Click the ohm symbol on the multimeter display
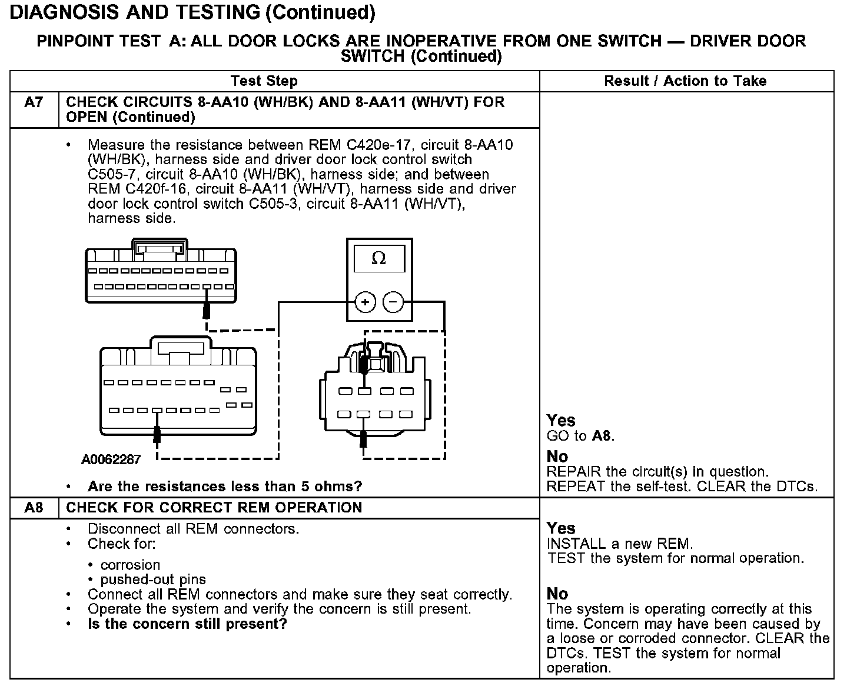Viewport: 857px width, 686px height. [x=379, y=259]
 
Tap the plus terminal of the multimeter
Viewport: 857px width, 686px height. [x=365, y=302]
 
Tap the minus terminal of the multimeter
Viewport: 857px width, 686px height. [x=394, y=302]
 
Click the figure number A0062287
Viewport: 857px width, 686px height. [x=111, y=459]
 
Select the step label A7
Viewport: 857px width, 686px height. [x=34, y=102]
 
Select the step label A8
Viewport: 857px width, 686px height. [x=34, y=508]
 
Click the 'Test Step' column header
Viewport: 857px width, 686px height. [x=264, y=81]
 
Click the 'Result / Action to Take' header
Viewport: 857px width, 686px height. [x=685, y=81]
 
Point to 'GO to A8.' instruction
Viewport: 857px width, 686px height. [x=580, y=436]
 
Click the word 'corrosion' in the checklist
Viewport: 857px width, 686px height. [x=130, y=565]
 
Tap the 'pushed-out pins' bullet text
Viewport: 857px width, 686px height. [x=153, y=580]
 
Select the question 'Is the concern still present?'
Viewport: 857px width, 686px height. [x=187, y=624]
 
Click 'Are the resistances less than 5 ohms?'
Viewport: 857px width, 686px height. [x=225, y=487]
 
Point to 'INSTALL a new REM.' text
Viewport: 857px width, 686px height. [x=620, y=544]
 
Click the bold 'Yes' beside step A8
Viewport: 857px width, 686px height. [x=561, y=528]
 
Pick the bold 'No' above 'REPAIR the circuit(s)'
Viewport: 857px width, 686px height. [x=557, y=457]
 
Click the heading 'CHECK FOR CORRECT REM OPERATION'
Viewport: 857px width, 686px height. [x=214, y=508]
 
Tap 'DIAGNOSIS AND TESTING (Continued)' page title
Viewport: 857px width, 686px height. [x=192, y=12]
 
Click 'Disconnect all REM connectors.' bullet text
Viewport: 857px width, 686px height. [x=194, y=529]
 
